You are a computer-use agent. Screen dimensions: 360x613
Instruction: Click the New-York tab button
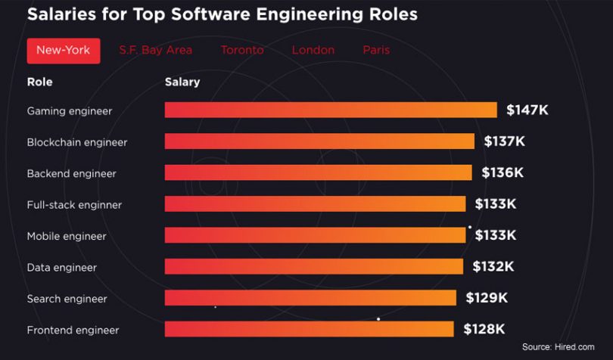pyautogui.click(x=63, y=51)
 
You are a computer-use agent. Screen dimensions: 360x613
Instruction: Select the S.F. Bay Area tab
pyautogui.click(x=155, y=51)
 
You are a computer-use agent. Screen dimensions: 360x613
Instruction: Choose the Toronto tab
pyautogui.click(x=242, y=51)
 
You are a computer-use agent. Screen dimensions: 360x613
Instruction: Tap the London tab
pyautogui.click(x=313, y=51)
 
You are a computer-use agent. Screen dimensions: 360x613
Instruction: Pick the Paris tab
pyautogui.click(x=376, y=51)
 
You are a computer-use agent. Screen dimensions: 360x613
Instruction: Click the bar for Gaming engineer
pyautogui.click(x=331, y=110)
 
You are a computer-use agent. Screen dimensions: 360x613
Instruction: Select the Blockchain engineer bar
pyautogui.click(x=319, y=141)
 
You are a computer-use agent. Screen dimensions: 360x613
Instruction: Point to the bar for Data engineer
pyautogui.click(x=313, y=266)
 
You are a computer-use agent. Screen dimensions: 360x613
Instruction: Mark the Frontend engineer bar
pyautogui.click(x=309, y=329)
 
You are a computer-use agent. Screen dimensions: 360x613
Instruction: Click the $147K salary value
pyautogui.click(x=527, y=110)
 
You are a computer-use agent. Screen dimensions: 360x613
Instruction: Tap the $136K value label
pyautogui.click(x=503, y=173)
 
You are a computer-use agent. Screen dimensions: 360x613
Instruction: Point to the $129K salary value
pyautogui.click(x=487, y=298)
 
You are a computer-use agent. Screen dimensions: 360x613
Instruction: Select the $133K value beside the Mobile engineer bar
pyautogui.click(x=496, y=236)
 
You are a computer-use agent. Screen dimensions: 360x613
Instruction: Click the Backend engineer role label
pyautogui.click(x=71, y=174)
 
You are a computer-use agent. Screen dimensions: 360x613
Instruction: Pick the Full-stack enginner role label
pyautogui.click(x=74, y=205)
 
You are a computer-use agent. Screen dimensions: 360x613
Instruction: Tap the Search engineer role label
pyautogui.click(x=67, y=299)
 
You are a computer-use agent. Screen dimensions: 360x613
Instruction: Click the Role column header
pyautogui.click(x=39, y=82)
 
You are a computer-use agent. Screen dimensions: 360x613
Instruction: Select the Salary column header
pyautogui.click(x=182, y=82)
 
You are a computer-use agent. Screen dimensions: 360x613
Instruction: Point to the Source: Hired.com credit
pyautogui.click(x=558, y=347)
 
